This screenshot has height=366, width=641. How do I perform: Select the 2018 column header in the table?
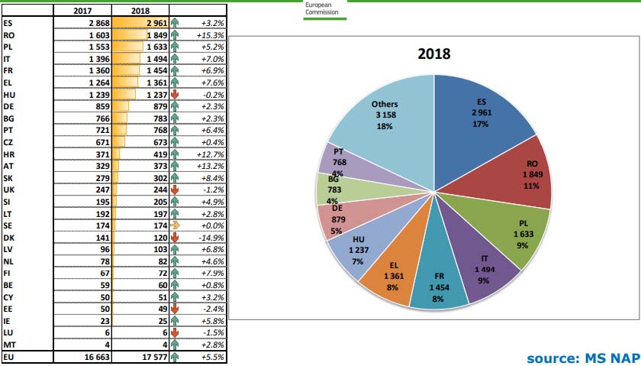[140, 11]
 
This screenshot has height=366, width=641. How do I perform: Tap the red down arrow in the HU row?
[175, 94]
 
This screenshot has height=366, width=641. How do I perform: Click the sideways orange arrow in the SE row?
[175, 225]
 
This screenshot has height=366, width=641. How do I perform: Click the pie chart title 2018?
[433, 54]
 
